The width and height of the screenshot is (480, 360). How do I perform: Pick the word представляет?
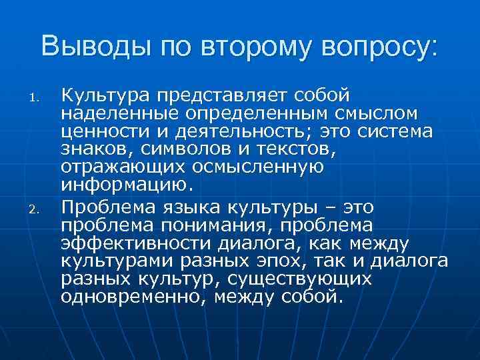click(x=221, y=95)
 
